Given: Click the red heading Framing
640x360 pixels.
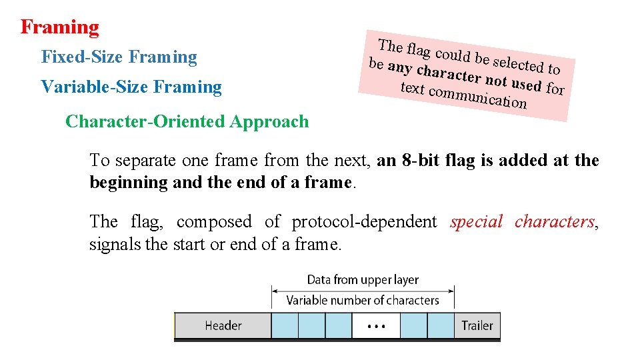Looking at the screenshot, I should (x=59, y=27).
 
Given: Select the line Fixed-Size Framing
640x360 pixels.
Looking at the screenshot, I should (x=119, y=57).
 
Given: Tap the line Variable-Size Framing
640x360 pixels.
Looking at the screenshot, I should (x=131, y=87).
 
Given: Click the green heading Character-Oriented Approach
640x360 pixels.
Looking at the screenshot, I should (x=187, y=122).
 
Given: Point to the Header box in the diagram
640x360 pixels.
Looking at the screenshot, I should (x=223, y=325).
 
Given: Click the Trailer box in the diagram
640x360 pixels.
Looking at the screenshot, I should (x=477, y=325).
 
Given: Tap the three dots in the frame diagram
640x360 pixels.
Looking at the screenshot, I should (x=376, y=326).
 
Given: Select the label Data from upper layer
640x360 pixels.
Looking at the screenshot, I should (x=363, y=280).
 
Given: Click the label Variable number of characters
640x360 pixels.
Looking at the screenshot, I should (x=363, y=301).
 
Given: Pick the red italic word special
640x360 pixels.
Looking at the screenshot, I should (x=476, y=222).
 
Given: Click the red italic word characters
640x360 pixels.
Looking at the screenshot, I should (x=555, y=222).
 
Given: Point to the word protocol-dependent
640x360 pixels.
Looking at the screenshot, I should (x=364, y=222).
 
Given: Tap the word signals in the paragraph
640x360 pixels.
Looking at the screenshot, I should (x=115, y=245).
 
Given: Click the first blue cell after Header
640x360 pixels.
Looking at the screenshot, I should (x=285, y=325).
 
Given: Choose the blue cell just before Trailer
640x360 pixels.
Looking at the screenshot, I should (x=441, y=325).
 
